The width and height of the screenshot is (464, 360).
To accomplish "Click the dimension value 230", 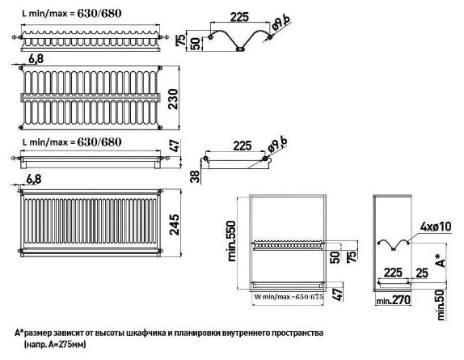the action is tap(174, 99).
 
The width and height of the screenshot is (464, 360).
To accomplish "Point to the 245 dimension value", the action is tap(174, 224).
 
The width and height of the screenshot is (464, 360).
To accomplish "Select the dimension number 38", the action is tap(196, 176).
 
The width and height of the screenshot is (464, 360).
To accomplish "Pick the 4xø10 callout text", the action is tap(436, 227).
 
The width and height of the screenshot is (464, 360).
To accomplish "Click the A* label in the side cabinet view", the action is tap(441, 260).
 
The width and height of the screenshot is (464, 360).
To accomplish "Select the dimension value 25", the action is tap(421, 273).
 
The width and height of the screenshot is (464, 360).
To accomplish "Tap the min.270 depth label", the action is tap(394, 300).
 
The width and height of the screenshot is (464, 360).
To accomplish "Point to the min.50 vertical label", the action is tap(441, 305).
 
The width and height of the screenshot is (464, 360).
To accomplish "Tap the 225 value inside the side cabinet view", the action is tap(393, 273).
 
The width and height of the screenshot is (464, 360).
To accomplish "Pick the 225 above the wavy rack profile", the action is tap(239, 17).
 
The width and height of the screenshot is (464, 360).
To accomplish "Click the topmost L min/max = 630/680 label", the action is tap(72, 14).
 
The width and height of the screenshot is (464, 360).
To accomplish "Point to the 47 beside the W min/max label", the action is tap(337, 294).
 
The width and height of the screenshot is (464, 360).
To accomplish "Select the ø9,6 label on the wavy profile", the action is tap(280, 23).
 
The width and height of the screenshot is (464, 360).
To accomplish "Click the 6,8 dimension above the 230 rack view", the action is tap(36, 59).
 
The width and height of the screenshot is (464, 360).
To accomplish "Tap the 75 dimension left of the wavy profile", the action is tap(181, 40).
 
